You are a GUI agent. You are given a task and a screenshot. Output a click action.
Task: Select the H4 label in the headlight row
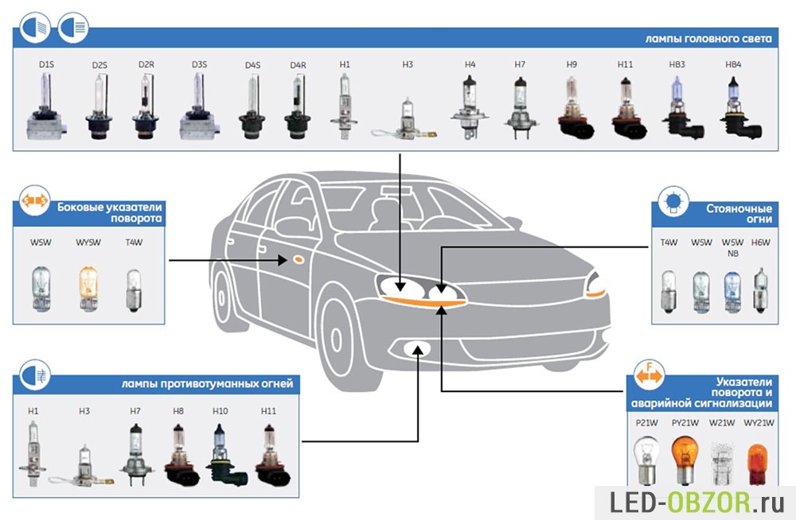[470, 64]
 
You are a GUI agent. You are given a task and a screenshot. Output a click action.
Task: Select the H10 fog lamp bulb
[220, 458]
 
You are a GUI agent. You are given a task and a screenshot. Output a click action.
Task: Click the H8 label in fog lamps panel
[178, 411]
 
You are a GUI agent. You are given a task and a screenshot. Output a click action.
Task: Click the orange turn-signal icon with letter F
[650, 374]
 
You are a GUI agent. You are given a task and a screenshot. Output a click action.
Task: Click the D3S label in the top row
[199, 64]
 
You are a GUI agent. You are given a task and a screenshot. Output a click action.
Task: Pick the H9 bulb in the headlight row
[572, 107]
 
